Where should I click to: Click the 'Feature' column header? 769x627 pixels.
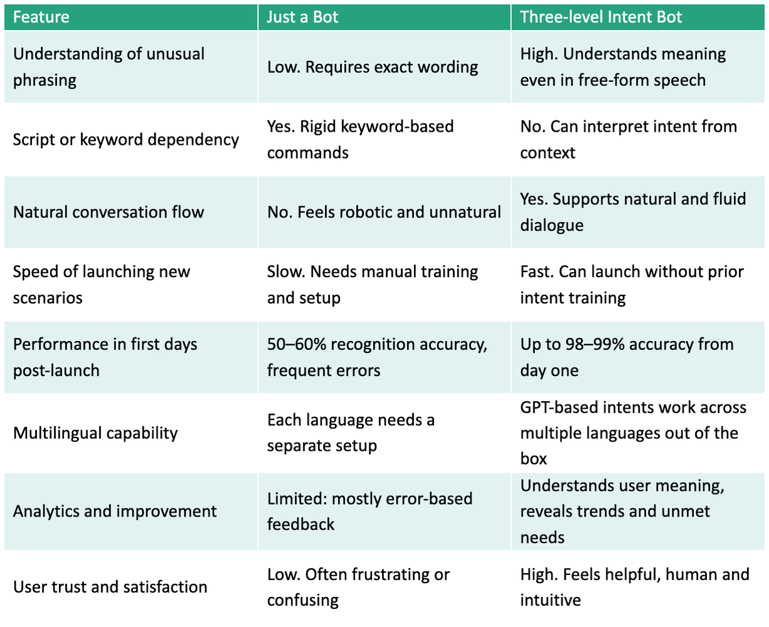[x=41, y=17]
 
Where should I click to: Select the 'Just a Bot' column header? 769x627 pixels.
[x=302, y=17]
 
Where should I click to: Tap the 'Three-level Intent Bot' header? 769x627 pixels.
[x=600, y=17]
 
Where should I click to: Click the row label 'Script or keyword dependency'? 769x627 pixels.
[x=126, y=140]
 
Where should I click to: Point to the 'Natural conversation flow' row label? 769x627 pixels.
[x=109, y=212]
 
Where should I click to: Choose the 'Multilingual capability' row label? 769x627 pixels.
[x=95, y=433]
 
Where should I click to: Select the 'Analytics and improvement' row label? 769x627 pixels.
[x=115, y=512]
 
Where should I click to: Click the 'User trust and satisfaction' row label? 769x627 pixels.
[x=110, y=587]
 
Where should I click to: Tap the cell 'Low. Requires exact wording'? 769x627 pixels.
[x=373, y=68]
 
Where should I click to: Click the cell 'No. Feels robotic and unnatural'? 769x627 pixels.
[x=384, y=212]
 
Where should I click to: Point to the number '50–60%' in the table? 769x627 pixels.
[x=297, y=344]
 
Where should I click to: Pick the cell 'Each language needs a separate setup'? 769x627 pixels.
[x=351, y=433]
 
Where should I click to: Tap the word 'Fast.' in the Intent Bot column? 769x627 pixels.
[x=537, y=272]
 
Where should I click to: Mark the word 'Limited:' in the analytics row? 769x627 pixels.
[x=297, y=498]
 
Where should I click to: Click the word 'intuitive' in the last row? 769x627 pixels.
[x=550, y=600]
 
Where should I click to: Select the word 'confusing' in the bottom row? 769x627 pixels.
[x=302, y=601]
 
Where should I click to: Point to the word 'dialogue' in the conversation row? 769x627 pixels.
[x=552, y=226]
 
